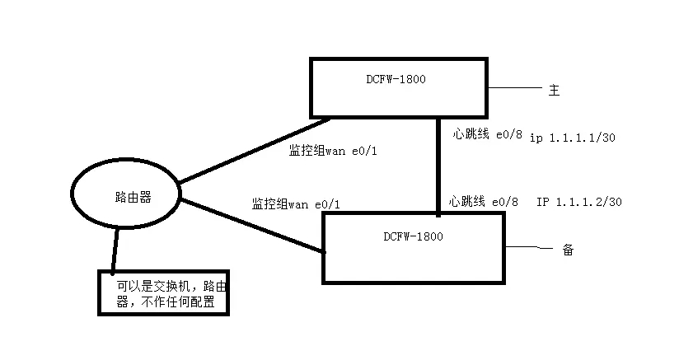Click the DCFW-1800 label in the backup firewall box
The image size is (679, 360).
click(413, 236)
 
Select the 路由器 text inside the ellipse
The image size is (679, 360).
click(133, 195)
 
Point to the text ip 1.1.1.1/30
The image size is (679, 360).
click(572, 138)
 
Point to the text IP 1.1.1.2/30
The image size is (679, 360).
click(578, 202)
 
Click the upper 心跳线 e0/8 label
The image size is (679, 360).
click(487, 133)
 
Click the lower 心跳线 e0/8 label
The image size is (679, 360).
click(484, 201)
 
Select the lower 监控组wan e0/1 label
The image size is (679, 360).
click(295, 203)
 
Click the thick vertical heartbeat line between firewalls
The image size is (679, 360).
click(438, 165)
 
